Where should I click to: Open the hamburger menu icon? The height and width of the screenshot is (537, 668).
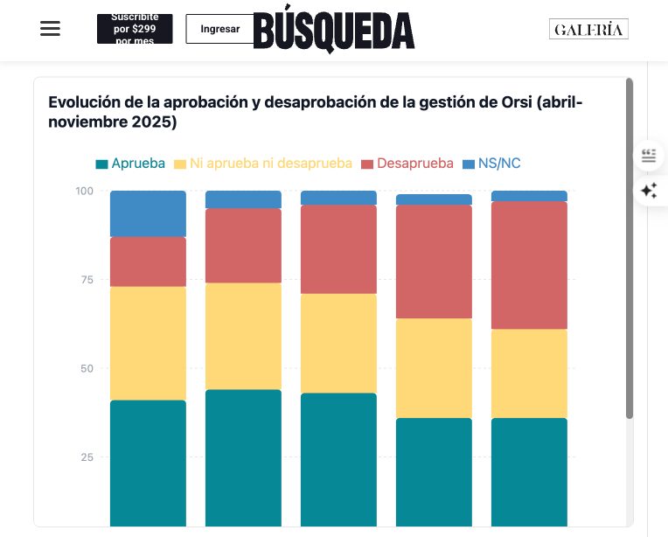(51, 28)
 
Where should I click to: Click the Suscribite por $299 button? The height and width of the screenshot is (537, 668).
(135, 29)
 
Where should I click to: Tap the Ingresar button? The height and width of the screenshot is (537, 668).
(219, 29)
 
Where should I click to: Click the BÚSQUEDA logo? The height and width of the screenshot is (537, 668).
(334, 31)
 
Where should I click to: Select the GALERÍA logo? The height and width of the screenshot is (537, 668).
(588, 30)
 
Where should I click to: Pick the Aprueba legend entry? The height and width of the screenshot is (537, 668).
(130, 164)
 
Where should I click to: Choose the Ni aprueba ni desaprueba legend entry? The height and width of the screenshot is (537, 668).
(263, 164)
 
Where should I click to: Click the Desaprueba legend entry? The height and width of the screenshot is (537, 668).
(407, 164)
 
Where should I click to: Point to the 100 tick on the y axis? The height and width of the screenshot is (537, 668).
(84, 191)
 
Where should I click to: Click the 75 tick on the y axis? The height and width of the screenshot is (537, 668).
(87, 280)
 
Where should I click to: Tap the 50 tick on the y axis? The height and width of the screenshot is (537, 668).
(87, 368)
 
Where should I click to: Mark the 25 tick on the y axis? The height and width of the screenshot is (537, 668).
(87, 457)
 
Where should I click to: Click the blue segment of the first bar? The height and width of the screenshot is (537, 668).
(148, 213)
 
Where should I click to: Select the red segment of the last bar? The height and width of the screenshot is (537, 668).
(529, 265)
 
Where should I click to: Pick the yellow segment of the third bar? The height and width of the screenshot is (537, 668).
(338, 343)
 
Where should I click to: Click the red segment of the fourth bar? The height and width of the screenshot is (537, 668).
(434, 262)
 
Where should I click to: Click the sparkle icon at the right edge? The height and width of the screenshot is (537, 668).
(649, 191)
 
